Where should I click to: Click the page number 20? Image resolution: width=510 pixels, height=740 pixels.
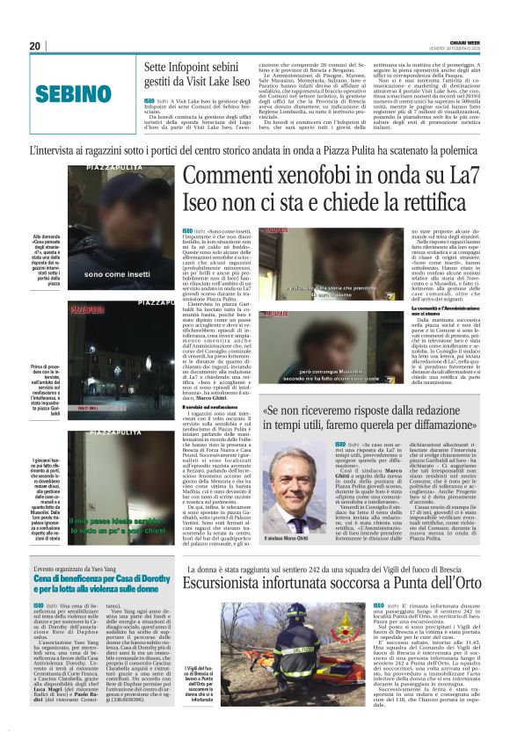35,46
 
